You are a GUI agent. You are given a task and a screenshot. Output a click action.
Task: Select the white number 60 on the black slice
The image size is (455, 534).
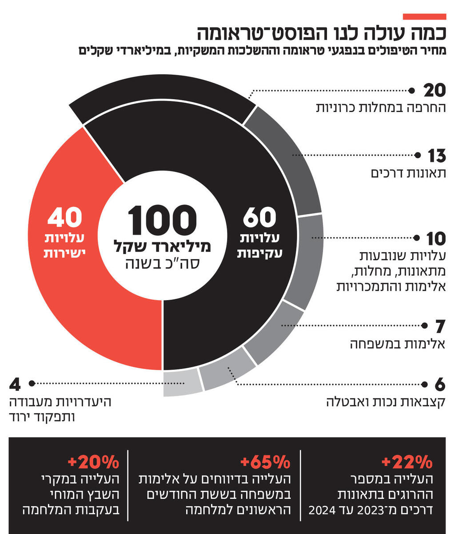pyautogui.click(x=259, y=218)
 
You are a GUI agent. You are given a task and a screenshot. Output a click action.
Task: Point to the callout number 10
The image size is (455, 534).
pyautogui.click(x=436, y=239)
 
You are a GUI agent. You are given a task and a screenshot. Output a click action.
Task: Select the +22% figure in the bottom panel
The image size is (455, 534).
pyautogui.click(x=407, y=462)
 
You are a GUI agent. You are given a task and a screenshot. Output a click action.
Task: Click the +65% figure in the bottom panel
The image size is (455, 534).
pyautogui.click(x=265, y=462)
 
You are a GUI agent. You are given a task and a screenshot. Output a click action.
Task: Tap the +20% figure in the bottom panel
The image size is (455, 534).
pyautogui.click(x=94, y=462)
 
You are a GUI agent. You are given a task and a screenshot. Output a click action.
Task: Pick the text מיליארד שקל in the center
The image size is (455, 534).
pyautogui.click(x=162, y=245)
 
